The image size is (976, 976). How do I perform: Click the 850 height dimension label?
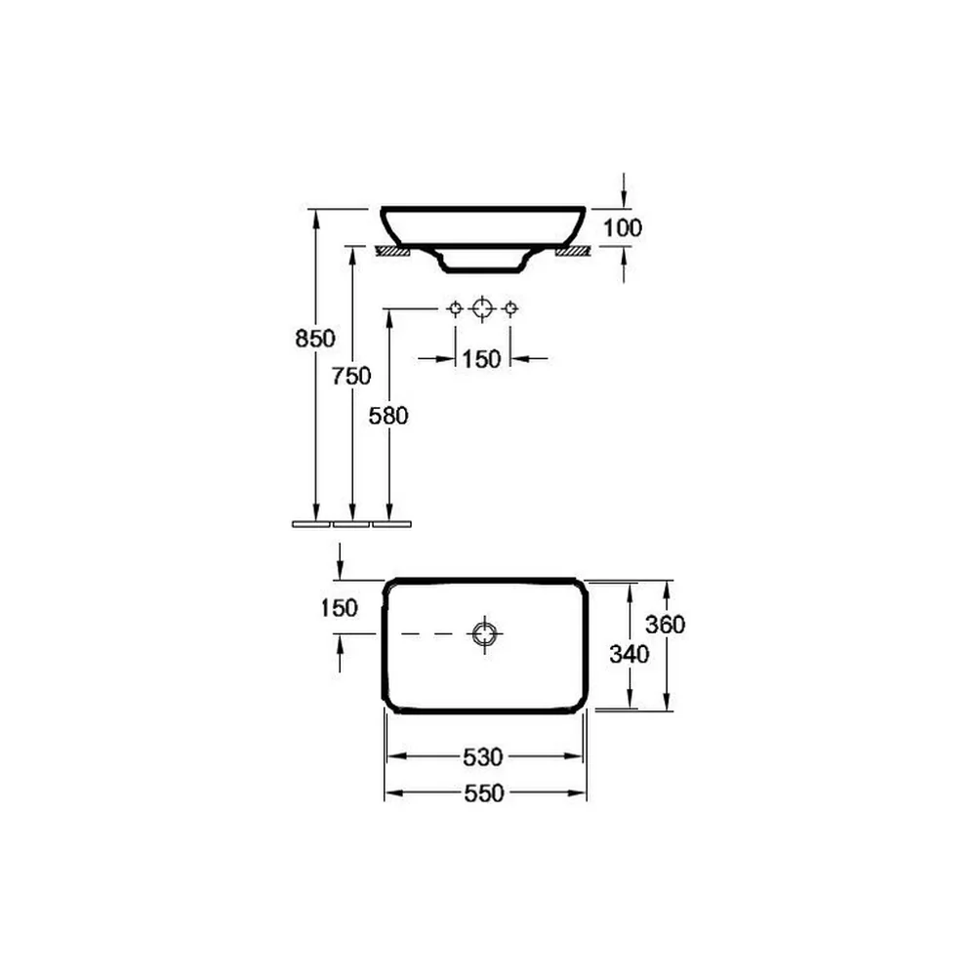click(x=315, y=339)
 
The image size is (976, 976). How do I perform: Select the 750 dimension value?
click(x=351, y=376)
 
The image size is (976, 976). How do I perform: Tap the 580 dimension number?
click(x=388, y=416)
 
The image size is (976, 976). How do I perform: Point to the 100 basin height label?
click(x=623, y=227)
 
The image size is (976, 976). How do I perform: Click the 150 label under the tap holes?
click(x=481, y=359)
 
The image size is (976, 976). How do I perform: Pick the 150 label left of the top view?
click(x=340, y=608)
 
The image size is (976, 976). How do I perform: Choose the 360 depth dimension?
click(x=666, y=625)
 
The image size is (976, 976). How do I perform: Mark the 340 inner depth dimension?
click(x=630, y=654)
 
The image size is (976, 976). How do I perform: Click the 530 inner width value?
click(x=483, y=757)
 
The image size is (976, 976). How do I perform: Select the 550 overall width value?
click(x=484, y=793)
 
